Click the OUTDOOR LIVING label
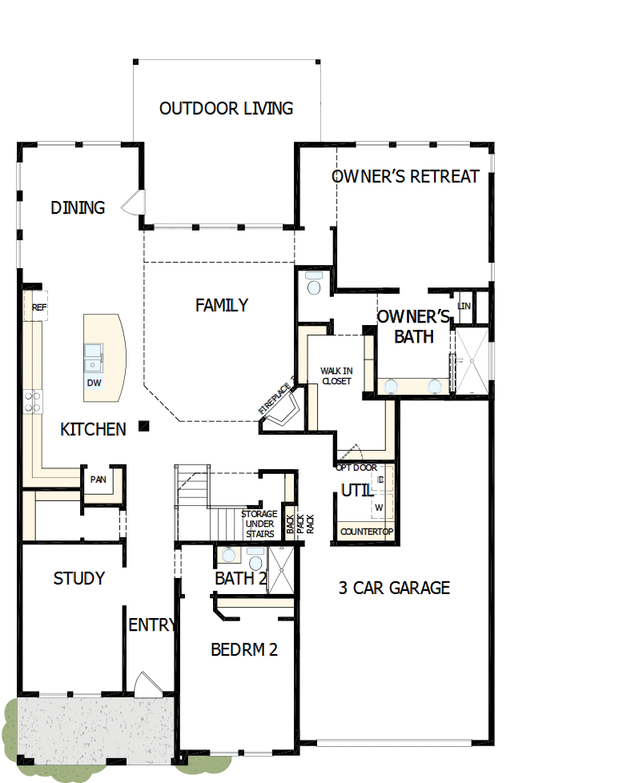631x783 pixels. (x=226, y=108)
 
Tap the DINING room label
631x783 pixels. (x=78, y=208)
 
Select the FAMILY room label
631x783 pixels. (x=222, y=305)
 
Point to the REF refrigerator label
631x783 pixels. (x=39, y=307)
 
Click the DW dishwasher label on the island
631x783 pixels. (x=94, y=383)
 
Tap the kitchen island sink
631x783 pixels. (x=94, y=357)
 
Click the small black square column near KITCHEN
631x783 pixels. (x=143, y=426)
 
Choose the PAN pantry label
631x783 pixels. (x=98, y=480)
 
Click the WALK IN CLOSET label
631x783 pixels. (x=336, y=375)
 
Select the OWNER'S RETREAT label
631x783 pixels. (x=405, y=176)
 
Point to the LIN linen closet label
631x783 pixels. (x=464, y=307)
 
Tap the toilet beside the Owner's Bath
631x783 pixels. (x=313, y=284)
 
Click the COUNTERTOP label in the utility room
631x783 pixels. (x=366, y=532)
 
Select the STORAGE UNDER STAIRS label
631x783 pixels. (x=259, y=524)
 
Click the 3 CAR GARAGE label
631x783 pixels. (x=394, y=588)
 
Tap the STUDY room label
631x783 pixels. (x=78, y=578)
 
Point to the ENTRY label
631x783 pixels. (x=152, y=625)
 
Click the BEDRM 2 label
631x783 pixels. (x=244, y=649)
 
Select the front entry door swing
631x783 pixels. (x=147, y=684)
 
